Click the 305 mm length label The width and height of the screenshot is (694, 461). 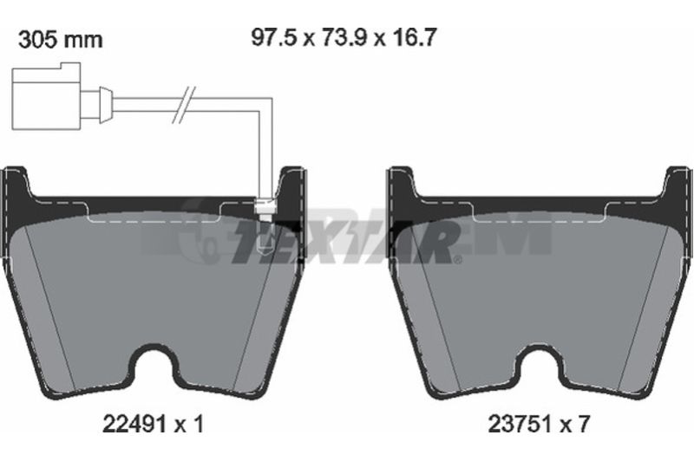pyautogui.click(x=60, y=40)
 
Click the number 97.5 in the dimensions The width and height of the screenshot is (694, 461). pyautogui.click(x=273, y=37)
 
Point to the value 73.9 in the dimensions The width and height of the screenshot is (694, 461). pyautogui.click(x=344, y=37)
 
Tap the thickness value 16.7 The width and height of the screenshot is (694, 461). pyautogui.click(x=415, y=37)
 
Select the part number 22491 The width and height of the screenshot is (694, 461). pyautogui.click(x=134, y=425)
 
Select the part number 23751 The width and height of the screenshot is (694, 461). pyautogui.click(x=520, y=425)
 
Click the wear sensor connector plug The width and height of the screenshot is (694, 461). pyautogui.click(x=47, y=96)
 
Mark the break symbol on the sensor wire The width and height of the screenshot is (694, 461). pyautogui.click(x=184, y=104)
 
